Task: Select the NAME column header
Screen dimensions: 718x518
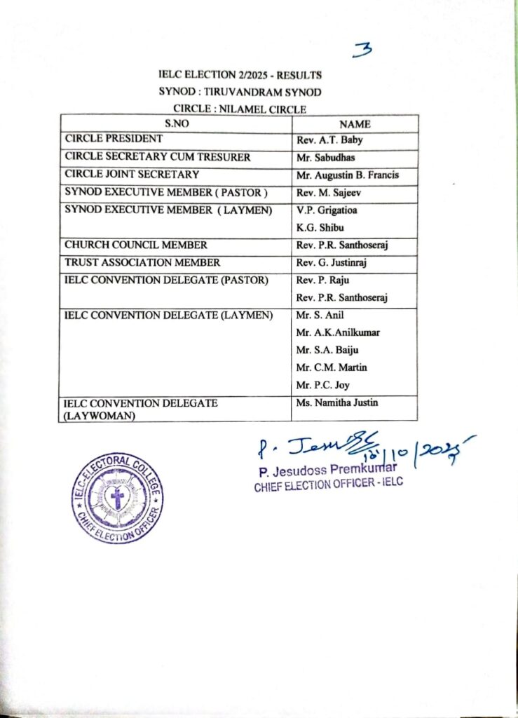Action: click(x=355, y=124)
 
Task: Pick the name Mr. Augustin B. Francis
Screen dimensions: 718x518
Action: click(x=347, y=175)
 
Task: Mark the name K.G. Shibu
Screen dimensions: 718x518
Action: click(x=321, y=228)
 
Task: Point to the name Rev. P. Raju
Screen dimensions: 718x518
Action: click(x=324, y=280)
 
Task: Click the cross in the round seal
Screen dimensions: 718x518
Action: click(x=117, y=499)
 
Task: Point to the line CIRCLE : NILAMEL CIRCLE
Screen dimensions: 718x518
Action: click(x=240, y=108)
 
